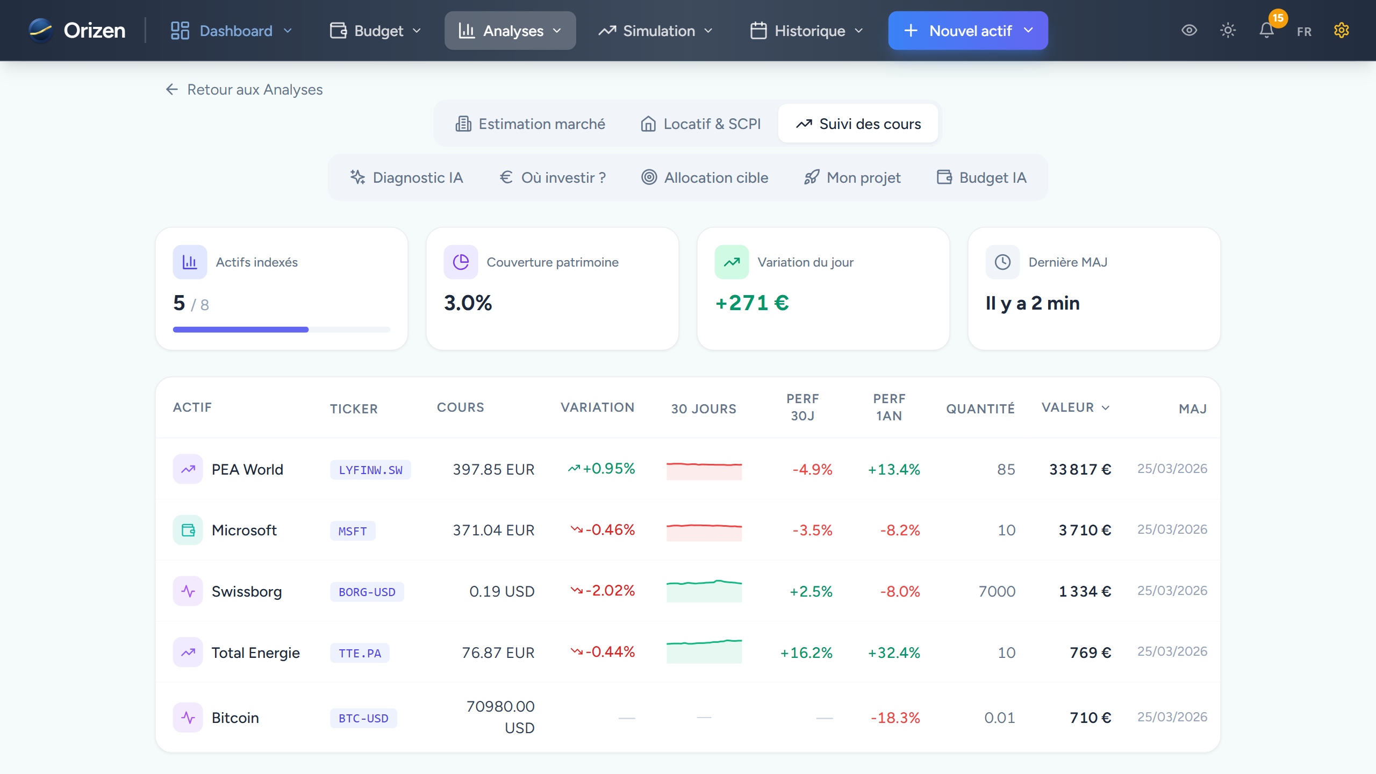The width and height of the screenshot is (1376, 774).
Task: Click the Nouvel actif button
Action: pyautogui.click(x=967, y=31)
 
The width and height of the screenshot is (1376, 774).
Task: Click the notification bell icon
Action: pyautogui.click(x=1266, y=31)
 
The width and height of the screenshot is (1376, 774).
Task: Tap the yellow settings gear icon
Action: pyautogui.click(x=1341, y=31)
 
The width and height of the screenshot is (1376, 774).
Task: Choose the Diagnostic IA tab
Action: pyautogui.click(x=407, y=177)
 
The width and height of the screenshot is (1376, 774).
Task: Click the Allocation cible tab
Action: pyautogui.click(x=705, y=177)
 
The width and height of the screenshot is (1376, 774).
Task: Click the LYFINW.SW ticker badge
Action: pyautogui.click(x=370, y=470)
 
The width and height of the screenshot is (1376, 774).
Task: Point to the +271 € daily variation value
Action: pyautogui.click(x=752, y=303)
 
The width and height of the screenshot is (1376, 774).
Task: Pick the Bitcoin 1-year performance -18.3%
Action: pyautogui.click(x=895, y=718)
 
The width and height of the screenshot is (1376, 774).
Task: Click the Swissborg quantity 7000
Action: pyautogui.click(x=997, y=591)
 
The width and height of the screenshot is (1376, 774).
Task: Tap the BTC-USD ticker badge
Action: pyautogui.click(x=363, y=718)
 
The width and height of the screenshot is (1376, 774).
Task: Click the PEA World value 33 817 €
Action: pyautogui.click(x=1080, y=470)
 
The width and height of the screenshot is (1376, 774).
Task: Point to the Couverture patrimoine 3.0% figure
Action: pyautogui.click(x=468, y=303)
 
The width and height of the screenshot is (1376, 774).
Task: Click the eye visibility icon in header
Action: pyautogui.click(x=1189, y=31)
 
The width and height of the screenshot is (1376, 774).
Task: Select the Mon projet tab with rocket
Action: pyautogui.click(x=852, y=177)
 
